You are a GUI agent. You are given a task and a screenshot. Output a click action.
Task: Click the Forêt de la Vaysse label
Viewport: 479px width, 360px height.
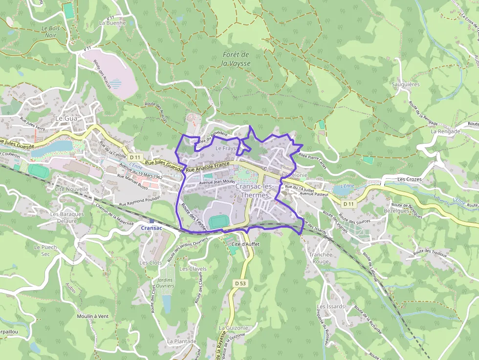coord(236,59)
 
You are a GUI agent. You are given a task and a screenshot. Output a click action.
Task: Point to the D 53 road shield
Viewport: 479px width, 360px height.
coord(239,283)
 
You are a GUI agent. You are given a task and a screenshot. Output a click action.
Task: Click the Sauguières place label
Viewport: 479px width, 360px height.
coord(405,84)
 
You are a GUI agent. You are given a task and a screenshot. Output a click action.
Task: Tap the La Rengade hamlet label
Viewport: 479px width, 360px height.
coord(445,131)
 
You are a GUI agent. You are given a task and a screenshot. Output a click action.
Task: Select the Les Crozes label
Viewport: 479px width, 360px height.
coord(409,179)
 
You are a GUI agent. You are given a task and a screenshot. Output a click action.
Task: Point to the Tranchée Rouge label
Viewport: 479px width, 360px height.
coord(321,258)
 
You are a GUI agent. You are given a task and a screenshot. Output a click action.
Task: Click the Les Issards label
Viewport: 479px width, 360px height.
coord(330,307)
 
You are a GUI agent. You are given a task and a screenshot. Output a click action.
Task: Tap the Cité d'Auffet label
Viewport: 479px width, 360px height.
coord(245,244)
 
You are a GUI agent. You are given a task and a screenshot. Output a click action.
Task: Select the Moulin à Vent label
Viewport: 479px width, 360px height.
coord(92,316)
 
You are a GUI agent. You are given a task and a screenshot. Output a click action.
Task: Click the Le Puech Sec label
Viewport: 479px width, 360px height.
coord(45,251)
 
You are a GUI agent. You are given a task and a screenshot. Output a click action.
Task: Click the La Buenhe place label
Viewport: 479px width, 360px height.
coord(112,22)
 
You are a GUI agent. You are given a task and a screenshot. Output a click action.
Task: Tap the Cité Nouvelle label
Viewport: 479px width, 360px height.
coord(72,189)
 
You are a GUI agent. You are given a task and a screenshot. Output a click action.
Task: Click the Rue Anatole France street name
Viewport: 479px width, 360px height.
coord(208,167)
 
